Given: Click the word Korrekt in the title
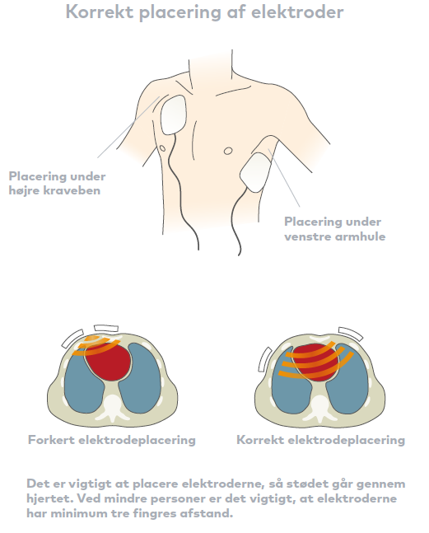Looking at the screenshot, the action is [100, 12].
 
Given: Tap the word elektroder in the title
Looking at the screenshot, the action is [297, 12].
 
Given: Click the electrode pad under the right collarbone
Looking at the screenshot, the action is [174, 115].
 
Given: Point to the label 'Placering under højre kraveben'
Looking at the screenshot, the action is [57, 183].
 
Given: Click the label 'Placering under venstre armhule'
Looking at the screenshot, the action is [334, 229].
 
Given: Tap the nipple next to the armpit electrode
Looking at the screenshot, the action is [228, 151].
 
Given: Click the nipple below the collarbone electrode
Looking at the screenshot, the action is [163, 148].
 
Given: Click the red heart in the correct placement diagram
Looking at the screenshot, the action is [315, 362].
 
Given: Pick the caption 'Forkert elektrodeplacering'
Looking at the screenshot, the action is [112, 440].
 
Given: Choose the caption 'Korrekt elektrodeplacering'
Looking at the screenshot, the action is [320, 440].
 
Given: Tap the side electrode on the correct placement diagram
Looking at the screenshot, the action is [265, 359].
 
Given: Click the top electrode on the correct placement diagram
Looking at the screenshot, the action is [351, 333].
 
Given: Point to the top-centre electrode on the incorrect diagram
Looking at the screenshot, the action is [106, 328].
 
